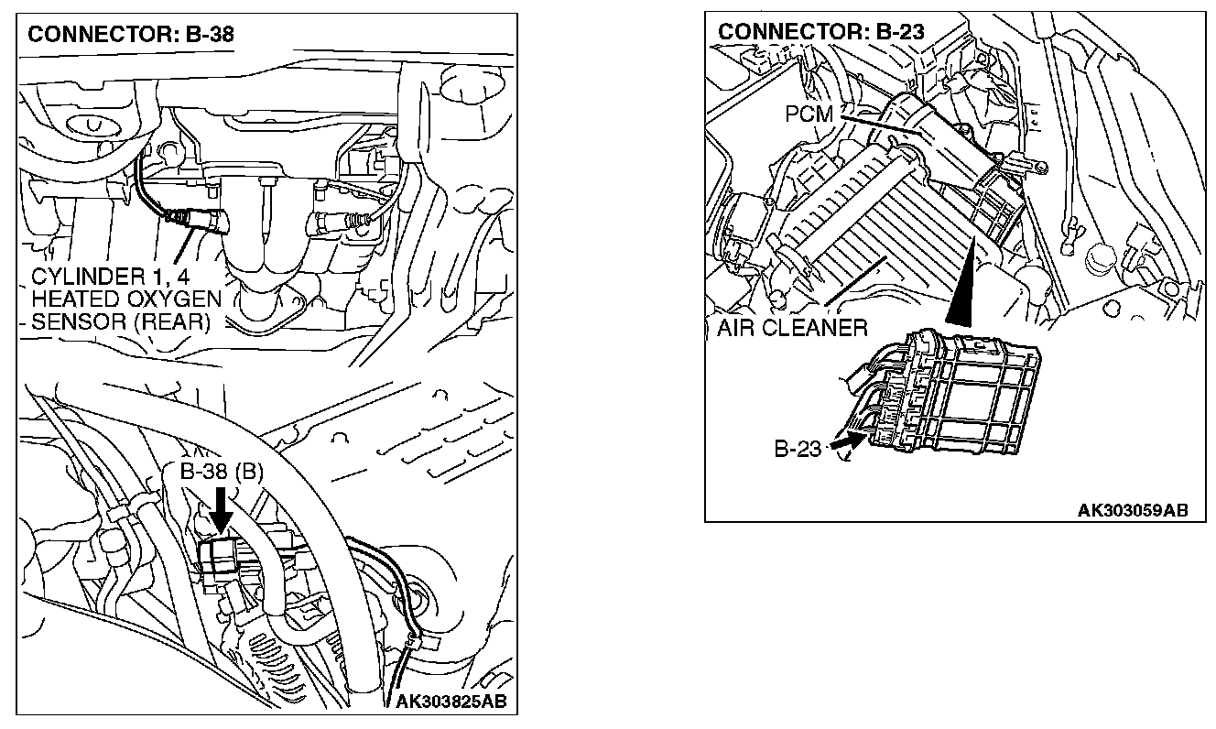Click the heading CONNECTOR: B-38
click(131, 35)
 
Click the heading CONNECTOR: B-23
click(820, 31)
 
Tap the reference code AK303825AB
click(451, 702)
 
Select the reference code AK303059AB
click(1133, 510)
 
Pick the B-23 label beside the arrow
click(798, 449)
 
